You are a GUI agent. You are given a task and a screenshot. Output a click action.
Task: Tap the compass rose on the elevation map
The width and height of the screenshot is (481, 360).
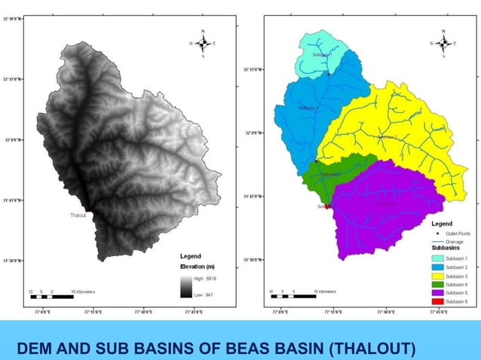(x=204, y=44)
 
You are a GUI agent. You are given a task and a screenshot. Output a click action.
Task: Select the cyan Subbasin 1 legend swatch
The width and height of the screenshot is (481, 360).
(x=437, y=259)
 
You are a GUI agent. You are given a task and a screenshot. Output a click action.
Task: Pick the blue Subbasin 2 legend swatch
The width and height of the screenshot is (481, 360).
(x=437, y=267)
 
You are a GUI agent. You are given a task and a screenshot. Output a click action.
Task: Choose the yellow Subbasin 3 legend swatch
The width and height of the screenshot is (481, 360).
(x=437, y=276)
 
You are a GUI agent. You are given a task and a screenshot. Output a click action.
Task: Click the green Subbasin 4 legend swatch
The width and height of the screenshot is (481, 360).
(x=437, y=285)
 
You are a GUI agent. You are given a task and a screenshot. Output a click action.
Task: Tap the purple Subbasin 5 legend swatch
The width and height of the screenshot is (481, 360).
(x=437, y=293)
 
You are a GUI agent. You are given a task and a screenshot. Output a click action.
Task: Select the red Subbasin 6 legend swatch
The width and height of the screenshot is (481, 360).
(x=437, y=301)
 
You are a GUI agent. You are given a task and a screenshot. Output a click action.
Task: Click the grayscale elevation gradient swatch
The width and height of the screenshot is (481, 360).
(x=186, y=286)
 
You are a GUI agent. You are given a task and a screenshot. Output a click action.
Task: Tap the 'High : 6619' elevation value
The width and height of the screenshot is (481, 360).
(x=205, y=279)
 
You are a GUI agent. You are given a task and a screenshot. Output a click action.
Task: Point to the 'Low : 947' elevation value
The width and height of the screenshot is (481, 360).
(x=204, y=294)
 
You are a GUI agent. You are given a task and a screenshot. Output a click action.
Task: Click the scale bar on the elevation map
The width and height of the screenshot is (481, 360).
(x=51, y=297)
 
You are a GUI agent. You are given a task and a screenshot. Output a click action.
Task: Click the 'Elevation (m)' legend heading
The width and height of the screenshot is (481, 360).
(x=198, y=267)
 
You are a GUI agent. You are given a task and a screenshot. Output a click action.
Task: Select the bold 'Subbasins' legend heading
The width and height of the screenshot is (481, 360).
(x=446, y=249)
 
